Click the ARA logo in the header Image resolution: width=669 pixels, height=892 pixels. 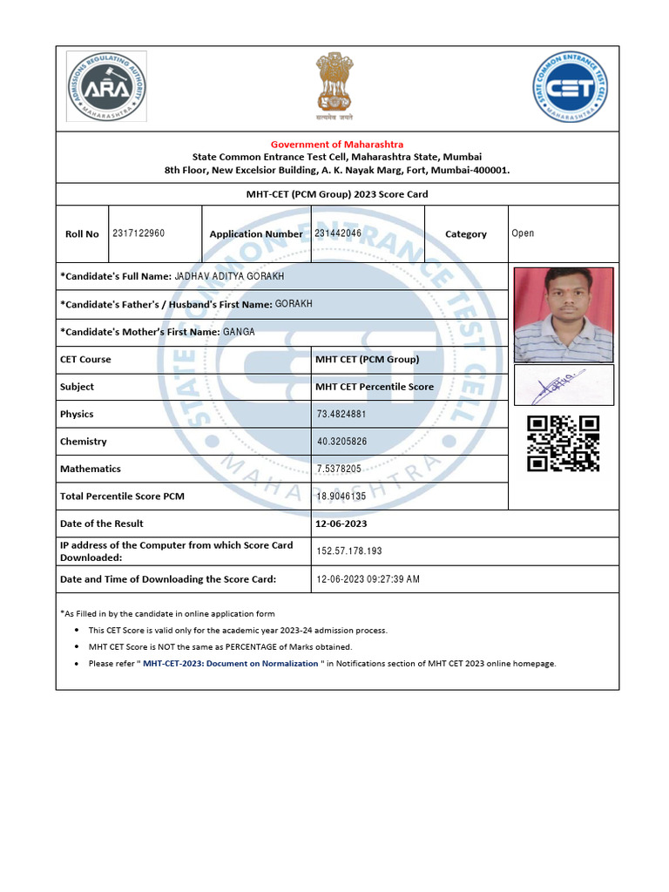106,86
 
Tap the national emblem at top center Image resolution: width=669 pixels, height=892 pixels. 334,84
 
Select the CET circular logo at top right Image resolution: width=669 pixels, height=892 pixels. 571,86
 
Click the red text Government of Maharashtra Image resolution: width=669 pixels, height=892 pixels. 337,144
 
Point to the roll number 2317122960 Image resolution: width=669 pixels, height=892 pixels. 139,233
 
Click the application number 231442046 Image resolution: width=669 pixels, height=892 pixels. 338,233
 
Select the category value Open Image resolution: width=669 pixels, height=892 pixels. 523,233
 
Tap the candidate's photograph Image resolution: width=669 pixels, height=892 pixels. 564,314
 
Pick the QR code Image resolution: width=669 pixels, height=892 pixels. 564,443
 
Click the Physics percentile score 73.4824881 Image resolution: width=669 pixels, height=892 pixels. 341,414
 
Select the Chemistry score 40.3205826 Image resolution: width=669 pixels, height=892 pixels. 341,442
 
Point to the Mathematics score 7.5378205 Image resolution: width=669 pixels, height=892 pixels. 339,469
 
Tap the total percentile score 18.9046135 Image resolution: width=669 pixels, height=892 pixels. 341,497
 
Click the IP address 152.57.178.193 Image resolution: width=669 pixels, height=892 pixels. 349,551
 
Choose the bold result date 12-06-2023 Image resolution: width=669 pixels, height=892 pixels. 342,524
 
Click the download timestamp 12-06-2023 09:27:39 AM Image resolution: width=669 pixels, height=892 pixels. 368,579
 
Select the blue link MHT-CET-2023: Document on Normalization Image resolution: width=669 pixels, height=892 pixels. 231,664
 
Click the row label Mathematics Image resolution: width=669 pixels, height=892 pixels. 91,469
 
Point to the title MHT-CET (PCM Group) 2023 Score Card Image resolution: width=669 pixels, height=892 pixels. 337,194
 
